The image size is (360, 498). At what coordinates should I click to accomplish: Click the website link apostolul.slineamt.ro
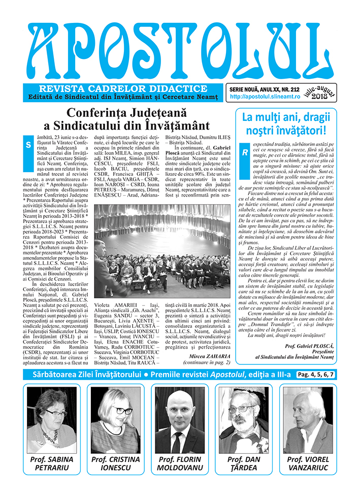coord(261,96)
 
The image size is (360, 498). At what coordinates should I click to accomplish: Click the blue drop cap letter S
coord(28,145)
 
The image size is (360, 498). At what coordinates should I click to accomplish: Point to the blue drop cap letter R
coord(244,151)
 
